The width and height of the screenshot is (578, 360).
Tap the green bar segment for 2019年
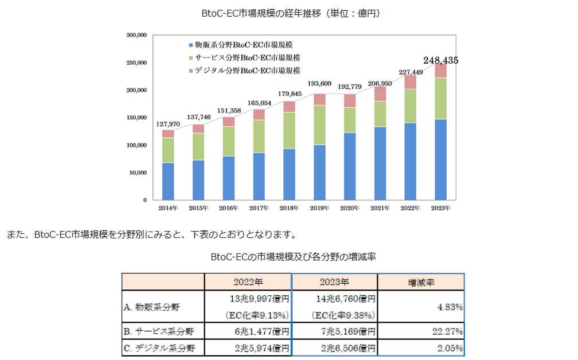[319, 125]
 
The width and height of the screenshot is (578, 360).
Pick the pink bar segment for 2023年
[440, 71]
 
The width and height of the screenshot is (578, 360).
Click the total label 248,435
[440, 60]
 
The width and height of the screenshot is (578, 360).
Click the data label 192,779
[350, 87]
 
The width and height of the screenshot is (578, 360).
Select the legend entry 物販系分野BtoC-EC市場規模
[244, 44]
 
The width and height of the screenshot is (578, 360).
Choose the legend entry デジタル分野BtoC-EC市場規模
[244, 71]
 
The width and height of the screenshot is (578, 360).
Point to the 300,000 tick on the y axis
[137, 35]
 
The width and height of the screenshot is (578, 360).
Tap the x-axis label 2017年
[259, 207]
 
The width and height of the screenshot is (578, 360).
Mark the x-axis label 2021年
[380, 207]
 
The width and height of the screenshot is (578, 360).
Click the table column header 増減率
[420, 282]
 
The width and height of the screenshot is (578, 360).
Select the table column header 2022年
[248, 282]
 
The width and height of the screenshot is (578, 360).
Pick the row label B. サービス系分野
[159, 331]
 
